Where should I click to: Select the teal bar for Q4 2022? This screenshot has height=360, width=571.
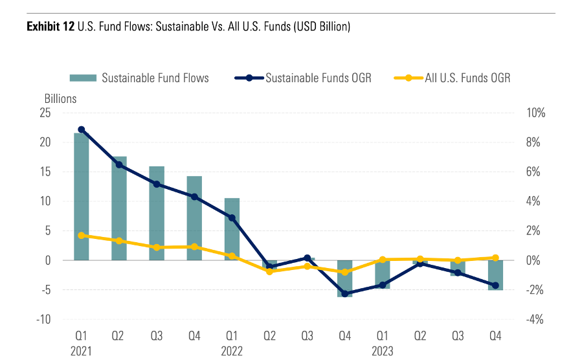344,278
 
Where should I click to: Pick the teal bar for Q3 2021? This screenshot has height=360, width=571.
157,213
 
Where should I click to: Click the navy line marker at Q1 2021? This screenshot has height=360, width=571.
82,129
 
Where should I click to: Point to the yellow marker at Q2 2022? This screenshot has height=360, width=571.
269,271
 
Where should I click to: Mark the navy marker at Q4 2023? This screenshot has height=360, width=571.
495,285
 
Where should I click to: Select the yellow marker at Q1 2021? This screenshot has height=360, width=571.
82,236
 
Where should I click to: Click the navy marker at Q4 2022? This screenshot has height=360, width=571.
344,293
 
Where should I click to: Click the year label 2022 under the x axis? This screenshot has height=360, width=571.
232,350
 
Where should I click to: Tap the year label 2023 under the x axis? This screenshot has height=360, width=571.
382,350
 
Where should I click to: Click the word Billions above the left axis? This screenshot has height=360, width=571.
60,99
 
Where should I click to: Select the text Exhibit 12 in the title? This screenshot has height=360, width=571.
50,27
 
